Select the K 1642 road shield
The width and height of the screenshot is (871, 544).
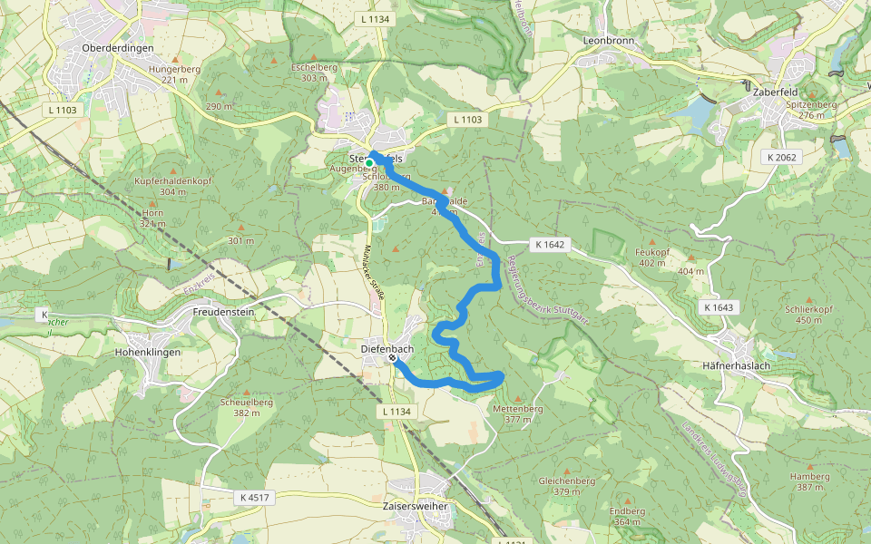(x=550, y=244)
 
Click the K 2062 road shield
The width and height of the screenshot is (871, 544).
(x=781, y=157)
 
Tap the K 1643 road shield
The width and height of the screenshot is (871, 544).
(x=718, y=307)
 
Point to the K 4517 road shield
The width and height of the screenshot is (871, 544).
(x=255, y=498)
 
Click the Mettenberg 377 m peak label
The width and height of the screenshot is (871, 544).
(x=517, y=413)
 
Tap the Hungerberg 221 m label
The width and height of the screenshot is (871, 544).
(x=174, y=73)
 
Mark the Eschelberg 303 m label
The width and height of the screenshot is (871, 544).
(x=314, y=72)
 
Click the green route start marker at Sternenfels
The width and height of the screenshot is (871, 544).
(x=369, y=163)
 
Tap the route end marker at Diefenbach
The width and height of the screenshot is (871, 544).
(x=392, y=359)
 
